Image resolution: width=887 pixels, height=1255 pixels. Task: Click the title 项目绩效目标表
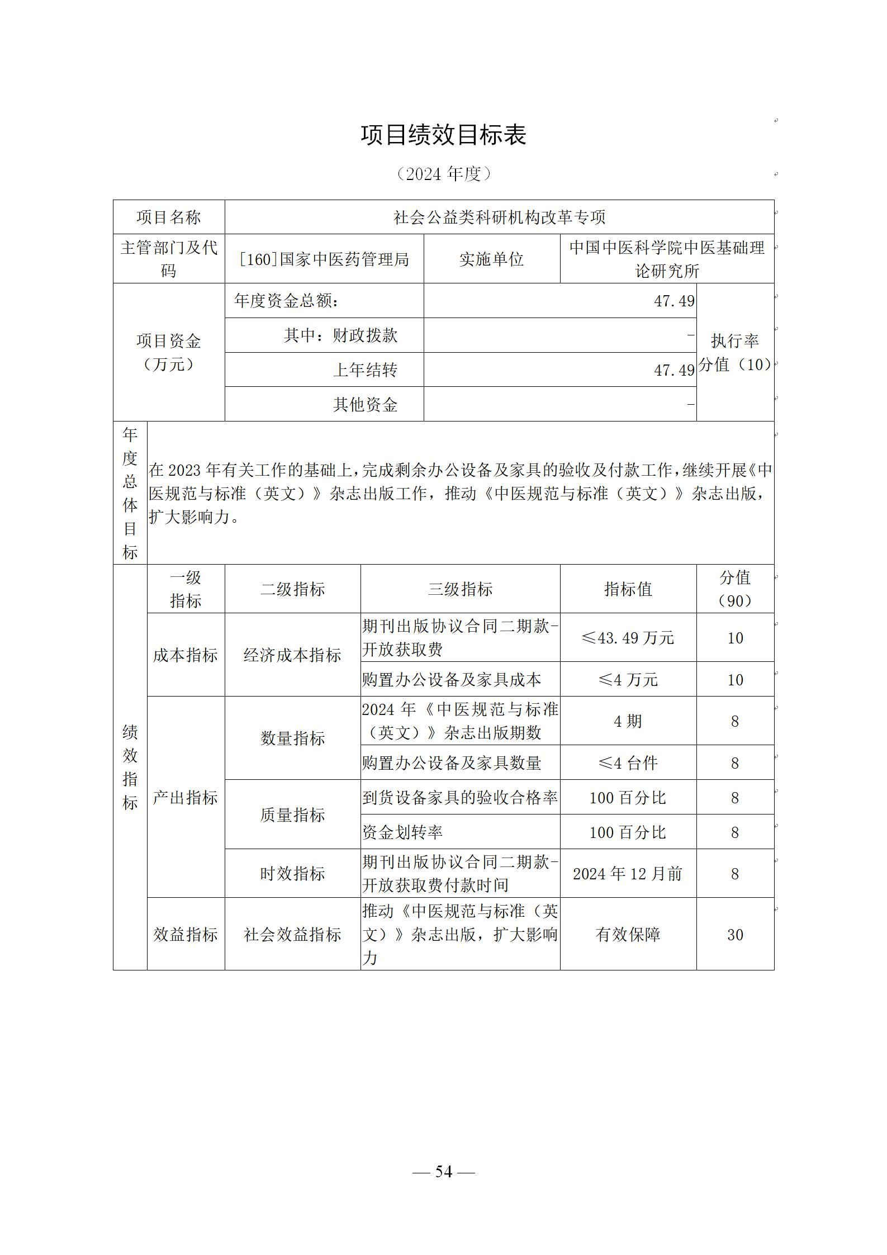pos(443,135)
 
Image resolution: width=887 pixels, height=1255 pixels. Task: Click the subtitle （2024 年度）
pos(443,174)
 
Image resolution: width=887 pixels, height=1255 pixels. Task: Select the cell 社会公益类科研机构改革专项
pos(499,217)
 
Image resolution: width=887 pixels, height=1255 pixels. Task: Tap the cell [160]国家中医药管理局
pos(324,259)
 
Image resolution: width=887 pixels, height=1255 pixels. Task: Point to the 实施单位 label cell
pos(491,259)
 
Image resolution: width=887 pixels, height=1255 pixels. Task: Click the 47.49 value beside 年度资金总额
pos(674,301)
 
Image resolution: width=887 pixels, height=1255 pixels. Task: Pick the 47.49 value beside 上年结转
pos(674,370)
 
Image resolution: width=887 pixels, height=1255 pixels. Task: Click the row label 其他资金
pos(365,405)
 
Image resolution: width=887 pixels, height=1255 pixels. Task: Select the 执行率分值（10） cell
pos(735,353)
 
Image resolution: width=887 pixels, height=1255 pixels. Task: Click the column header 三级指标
pos(460,589)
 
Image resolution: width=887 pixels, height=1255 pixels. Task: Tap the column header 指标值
pos(628,589)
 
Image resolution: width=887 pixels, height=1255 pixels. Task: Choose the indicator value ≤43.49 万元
pos(628,638)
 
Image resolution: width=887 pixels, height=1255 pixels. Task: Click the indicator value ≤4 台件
pos(628,763)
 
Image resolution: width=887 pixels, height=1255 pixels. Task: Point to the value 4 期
pos(628,721)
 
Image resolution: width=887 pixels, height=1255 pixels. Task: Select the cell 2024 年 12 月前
pos(628,874)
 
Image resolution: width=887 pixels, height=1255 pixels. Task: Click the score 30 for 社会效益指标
pos(735,935)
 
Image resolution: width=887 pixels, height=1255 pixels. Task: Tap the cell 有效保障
pos(628,935)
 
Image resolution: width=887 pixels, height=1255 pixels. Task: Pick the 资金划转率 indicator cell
pos(402,832)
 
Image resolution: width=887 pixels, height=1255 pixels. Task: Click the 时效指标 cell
pos(292,874)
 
